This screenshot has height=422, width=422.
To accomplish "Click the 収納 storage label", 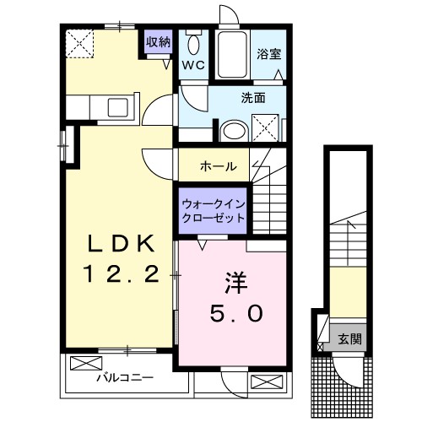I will coord(159,41).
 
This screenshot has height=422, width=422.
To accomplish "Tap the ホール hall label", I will coord(218,166).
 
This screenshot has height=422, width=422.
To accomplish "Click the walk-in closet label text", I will coord(214,210).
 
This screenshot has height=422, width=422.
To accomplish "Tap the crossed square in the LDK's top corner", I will coord(81,43).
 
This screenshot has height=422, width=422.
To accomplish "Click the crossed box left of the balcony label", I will coord(84,365).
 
